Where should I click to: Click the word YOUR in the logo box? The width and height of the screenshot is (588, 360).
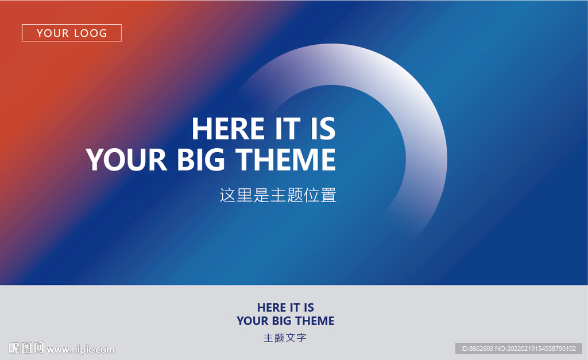[x=53, y=33]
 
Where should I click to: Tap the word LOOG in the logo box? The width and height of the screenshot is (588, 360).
[x=91, y=33]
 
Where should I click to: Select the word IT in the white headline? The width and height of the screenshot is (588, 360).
[x=288, y=129]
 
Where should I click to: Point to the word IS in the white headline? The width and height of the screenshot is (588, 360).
[x=323, y=129]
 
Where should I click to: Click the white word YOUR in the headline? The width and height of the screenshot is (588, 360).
[x=126, y=160]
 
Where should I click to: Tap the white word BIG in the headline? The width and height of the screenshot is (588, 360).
[x=201, y=160]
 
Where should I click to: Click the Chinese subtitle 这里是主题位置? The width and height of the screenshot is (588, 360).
[x=278, y=195]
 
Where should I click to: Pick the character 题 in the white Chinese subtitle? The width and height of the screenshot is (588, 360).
[x=295, y=195]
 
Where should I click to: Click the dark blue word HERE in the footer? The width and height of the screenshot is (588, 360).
[x=272, y=308]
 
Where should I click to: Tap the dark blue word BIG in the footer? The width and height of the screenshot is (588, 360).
[x=281, y=321]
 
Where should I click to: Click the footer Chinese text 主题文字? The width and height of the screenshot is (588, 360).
[x=285, y=338]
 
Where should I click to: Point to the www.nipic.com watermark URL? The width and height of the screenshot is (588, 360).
[x=80, y=350]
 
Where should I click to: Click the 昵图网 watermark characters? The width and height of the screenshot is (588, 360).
[x=26, y=348]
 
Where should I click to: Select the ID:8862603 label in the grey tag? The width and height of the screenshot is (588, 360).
[x=477, y=349]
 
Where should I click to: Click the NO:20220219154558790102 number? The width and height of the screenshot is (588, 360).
[x=536, y=349]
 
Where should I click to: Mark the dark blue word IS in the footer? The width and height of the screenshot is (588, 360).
[x=309, y=308]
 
